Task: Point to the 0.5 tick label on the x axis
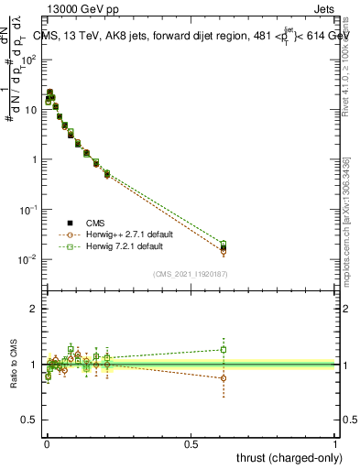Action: (x=191, y=443)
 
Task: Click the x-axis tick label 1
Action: (x=335, y=443)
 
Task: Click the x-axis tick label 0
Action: (x=46, y=443)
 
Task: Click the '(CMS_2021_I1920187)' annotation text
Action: (x=191, y=273)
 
